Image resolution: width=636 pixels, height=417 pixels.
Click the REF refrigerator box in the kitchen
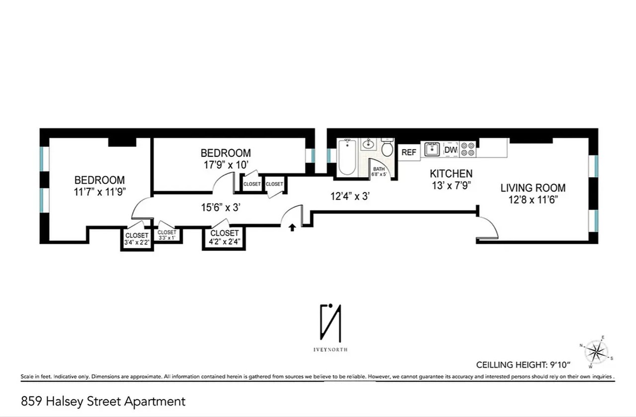[x=408, y=152]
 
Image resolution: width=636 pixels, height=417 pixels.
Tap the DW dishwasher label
[x=450, y=150]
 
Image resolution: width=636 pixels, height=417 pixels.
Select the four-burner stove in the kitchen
[x=467, y=149]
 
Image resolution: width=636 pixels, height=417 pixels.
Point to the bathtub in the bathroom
[x=346, y=157]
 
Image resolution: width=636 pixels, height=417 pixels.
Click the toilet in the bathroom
[x=387, y=151]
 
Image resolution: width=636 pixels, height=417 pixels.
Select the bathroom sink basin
[x=368, y=145]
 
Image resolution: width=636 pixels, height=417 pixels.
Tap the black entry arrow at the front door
[x=293, y=227]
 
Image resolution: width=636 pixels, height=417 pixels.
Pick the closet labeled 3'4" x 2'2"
[x=137, y=239]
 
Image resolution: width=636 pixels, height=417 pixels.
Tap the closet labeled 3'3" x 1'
[x=166, y=235]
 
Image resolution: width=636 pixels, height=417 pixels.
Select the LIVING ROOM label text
[x=533, y=188]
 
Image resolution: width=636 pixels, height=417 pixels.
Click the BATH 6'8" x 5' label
[x=379, y=172]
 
